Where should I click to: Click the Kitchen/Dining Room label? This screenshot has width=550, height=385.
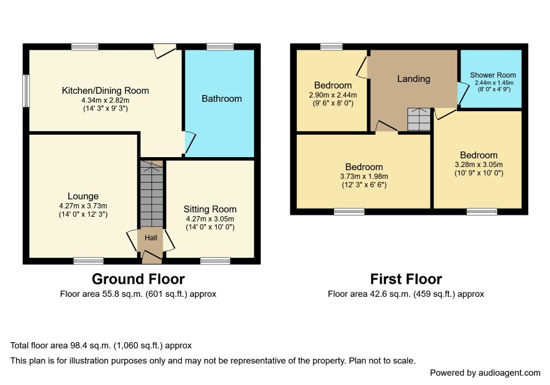coord(106,91)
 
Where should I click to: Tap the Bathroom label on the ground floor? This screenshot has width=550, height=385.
coord(222,99)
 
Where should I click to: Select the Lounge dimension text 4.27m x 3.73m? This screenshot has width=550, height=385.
coord(83,206)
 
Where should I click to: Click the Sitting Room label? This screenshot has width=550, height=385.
coord(210,209)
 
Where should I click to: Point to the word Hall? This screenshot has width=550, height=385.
coord(151,238)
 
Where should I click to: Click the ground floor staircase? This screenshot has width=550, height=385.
coord(151,194)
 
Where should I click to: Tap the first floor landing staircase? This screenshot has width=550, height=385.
coord(419,120)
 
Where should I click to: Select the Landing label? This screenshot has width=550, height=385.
coord(413,79)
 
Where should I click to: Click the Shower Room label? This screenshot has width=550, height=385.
coord(493,75)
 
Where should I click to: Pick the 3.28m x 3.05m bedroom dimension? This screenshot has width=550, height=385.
coord(479,165)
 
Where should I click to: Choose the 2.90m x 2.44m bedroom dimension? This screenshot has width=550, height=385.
coord(333,95)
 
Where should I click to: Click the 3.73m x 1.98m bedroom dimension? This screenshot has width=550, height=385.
coord(364,176)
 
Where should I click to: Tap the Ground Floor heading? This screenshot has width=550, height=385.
coord(138,279)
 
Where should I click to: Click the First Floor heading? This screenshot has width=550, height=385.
coord(406,279)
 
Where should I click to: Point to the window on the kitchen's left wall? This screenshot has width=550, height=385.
coord(26,91)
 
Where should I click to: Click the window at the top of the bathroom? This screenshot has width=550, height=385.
coord(220,47)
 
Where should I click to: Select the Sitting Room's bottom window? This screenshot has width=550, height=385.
coord(215,261)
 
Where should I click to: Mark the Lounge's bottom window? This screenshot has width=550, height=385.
coord(88,261)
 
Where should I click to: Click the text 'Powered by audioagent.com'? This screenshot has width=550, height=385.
coord(485,373)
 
